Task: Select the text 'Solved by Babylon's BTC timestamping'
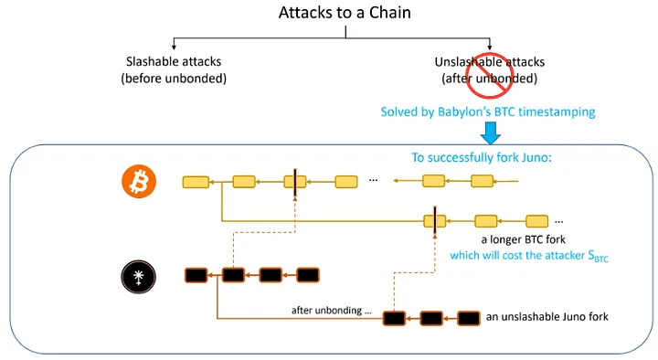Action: pos(489,112)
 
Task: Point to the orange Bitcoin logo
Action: pos(140,184)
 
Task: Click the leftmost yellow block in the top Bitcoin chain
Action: pos(195,183)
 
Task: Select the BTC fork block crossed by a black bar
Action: pos(433,220)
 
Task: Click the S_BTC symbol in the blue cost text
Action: pos(596,259)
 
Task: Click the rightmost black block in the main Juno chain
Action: pos(304,274)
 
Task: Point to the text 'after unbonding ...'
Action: pos(332,310)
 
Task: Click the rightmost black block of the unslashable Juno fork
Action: pos(468,318)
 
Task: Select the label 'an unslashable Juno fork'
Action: pos(547,317)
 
